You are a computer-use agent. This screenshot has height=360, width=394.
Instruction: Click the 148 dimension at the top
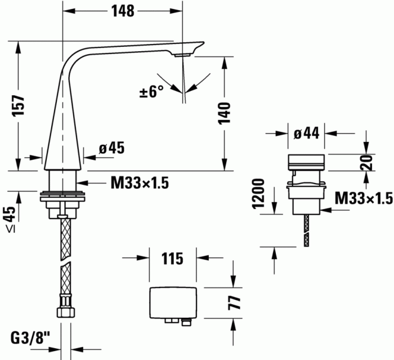(123, 11)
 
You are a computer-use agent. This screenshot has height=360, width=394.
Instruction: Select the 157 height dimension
(19, 105)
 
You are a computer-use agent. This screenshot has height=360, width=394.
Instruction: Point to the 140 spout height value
(224, 113)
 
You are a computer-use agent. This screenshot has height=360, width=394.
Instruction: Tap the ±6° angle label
(151, 91)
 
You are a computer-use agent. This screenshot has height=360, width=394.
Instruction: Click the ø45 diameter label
(112, 148)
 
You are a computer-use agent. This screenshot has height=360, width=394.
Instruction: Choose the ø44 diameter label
(306, 133)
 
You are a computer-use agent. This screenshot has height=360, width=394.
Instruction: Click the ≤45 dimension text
(11, 219)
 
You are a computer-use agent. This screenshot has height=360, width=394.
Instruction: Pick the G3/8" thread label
(30, 338)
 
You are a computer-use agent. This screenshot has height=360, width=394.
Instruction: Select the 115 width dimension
(172, 259)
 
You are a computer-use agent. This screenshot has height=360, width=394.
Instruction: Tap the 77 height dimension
(234, 303)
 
